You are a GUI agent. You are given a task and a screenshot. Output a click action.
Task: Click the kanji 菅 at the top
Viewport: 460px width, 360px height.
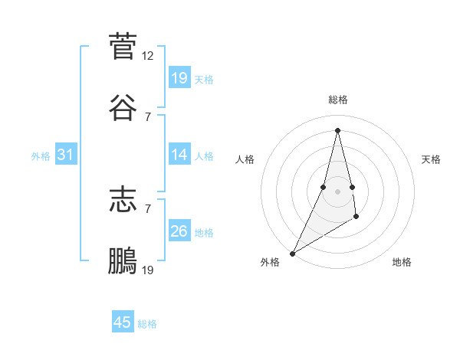(123, 47)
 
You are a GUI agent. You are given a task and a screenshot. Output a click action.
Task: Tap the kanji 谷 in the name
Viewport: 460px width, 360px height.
(123, 107)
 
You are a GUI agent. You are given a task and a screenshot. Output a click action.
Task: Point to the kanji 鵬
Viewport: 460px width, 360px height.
(123, 260)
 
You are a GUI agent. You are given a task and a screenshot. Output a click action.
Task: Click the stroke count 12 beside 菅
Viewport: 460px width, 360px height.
(148, 56)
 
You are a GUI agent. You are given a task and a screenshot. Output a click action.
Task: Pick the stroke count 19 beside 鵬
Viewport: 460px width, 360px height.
(148, 270)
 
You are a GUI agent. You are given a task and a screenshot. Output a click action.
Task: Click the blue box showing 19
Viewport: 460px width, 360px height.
(179, 78)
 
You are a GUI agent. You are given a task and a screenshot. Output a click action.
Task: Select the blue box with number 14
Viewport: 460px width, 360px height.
(179, 155)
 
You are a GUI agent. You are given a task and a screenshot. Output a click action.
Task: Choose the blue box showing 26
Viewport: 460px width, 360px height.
(179, 231)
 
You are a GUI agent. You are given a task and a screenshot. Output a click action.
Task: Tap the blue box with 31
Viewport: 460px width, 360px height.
(65, 155)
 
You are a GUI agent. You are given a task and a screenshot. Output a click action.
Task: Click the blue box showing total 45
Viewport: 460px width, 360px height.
(123, 322)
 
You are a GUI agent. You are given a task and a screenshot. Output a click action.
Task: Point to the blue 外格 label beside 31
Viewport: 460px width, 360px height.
(41, 156)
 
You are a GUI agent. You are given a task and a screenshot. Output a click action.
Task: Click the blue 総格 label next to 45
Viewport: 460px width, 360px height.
(147, 324)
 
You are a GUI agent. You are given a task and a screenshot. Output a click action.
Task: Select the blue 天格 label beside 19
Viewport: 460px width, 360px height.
(204, 80)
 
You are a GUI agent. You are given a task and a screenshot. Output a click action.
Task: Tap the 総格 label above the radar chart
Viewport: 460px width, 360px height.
(337, 100)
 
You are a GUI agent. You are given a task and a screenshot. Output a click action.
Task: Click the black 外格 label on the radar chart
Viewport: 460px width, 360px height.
(270, 262)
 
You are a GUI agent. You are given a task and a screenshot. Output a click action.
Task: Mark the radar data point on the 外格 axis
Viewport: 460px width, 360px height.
(292, 253)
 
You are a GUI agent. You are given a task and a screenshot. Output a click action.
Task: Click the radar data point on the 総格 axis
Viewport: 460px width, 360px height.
(337, 129)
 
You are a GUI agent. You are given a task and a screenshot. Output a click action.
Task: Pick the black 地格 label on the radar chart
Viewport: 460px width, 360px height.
(402, 262)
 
